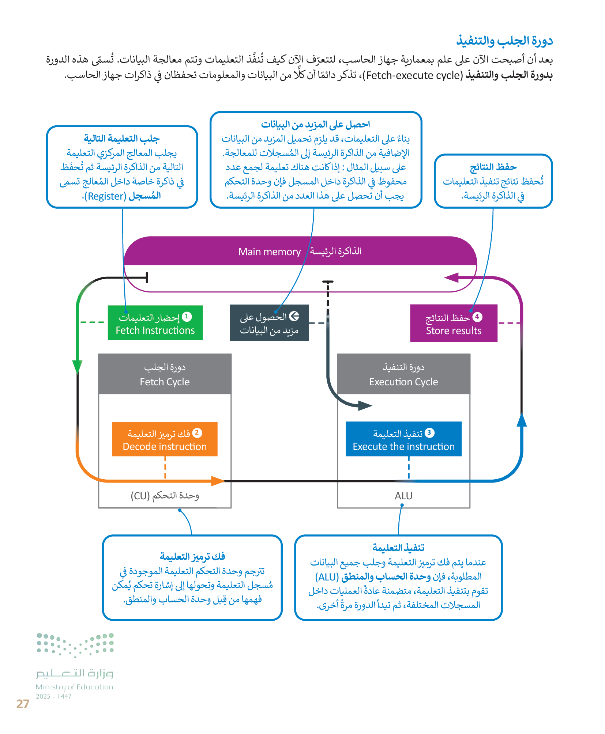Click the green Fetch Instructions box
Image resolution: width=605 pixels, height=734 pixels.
[x=155, y=323]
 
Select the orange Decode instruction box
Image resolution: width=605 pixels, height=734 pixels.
[x=165, y=439]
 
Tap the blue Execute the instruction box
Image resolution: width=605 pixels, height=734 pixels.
[x=403, y=439]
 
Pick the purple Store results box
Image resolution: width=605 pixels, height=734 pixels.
[x=454, y=323]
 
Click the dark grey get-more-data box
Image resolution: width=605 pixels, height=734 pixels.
[x=269, y=323]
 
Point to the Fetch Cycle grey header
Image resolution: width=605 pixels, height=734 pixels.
[x=165, y=374]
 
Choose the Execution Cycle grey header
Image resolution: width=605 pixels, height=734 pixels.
[x=403, y=374]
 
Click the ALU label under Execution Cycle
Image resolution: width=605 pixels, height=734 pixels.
[x=403, y=496]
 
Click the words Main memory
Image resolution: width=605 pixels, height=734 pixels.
[x=269, y=252]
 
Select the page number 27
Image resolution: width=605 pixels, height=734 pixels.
[x=23, y=704]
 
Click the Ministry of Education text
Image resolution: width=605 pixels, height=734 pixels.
[x=75, y=687]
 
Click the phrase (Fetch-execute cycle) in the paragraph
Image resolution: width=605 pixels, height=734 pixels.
[x=414, y=75]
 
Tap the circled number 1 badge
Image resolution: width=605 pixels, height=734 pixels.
[x=187, y=316]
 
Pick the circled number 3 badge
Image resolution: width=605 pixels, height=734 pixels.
[x=429, y=433]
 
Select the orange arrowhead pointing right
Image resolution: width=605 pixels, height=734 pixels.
[x=218, y=481]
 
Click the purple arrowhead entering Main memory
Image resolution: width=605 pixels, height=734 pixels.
[x=451, y=278]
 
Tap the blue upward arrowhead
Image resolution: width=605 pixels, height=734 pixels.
[x=522, y=420]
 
